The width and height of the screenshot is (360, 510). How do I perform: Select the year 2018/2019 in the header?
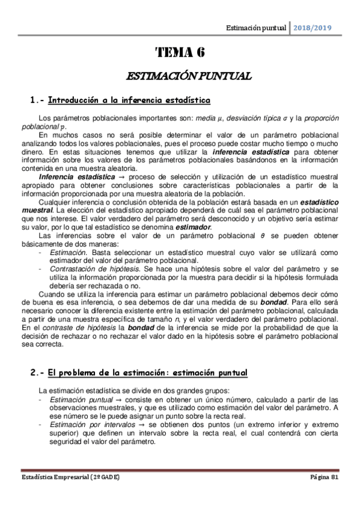click(x=313, y=28)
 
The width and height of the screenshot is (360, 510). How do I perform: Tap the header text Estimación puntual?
click(x=255, y=28)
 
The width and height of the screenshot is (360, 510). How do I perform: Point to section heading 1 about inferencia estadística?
click(x=120, y=99)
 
